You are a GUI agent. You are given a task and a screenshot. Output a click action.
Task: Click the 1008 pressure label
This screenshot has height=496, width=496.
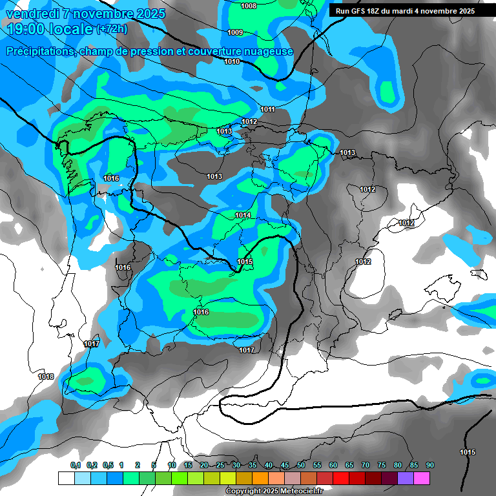248,6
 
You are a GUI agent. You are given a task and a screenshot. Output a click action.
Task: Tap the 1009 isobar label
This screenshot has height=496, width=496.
235,32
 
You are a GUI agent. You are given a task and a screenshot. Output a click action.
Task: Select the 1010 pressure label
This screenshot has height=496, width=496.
232,61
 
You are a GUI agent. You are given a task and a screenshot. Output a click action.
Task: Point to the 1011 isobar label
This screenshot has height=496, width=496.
268,109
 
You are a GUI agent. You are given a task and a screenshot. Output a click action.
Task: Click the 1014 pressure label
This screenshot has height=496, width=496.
243,215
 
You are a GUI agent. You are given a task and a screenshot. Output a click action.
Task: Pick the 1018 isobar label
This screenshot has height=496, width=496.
46,377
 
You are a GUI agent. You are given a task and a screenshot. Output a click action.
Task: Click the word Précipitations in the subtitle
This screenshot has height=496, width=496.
40,52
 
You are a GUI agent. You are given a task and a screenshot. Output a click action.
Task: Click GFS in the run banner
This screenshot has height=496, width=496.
360,11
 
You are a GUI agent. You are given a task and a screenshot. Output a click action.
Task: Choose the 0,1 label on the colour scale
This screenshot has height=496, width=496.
76,465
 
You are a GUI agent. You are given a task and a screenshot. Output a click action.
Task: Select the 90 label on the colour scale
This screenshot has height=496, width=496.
429,465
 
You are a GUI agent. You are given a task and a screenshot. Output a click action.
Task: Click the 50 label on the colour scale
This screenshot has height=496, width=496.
301,465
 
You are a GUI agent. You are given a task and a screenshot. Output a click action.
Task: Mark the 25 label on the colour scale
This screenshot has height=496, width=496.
220,465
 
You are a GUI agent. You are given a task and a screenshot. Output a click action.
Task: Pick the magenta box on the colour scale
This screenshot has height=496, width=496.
422,478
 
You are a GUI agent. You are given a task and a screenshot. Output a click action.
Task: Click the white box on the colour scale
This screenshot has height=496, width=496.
66,478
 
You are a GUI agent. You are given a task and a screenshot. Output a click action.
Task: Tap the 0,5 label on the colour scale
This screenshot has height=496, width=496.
107,465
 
